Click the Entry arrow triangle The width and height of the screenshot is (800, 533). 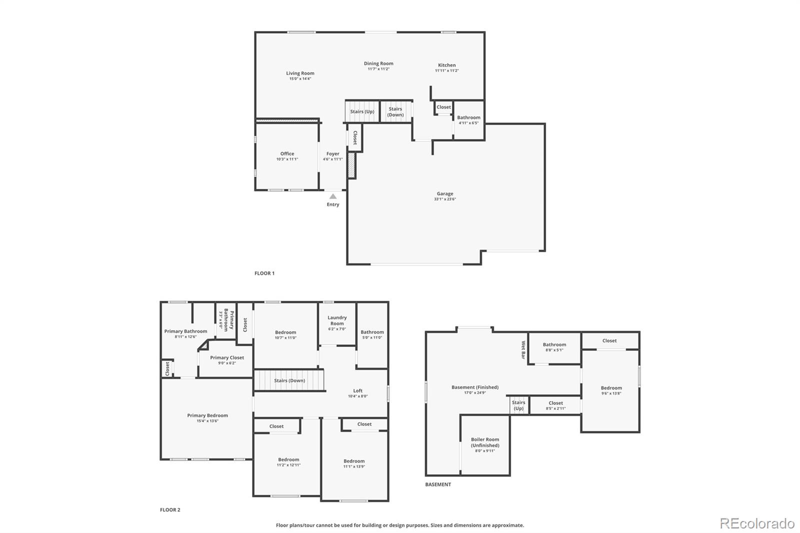pyautogui.click(x=333, y=196)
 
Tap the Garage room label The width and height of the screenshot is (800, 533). pyautogui.click(x=444, y=193)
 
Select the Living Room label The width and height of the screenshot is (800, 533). pyautogui.click(x=300, y=73)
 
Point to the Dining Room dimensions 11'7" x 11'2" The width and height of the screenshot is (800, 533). pyautogui.click(x=378, y=69)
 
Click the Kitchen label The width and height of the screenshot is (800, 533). pyautogui.click(x=446, y=65)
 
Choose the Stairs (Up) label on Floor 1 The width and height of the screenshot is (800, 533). pyautogui.click(x=362, y=111)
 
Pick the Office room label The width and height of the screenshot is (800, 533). pyautogui.click(x=287, y=153)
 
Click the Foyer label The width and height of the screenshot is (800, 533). pyautogui.click(x=332, y=154)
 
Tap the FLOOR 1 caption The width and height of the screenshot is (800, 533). pyautogui.click(x=264, y=273)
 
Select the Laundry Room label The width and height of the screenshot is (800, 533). pyautogui.click(x=337, y=320)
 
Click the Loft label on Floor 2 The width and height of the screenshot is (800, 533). pyautogui.click(x=357, y=391)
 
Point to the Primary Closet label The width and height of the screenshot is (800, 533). pyautogui.click(x=227, y=357)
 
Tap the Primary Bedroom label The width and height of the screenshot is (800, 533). pyautogui.click(x=207, y=415)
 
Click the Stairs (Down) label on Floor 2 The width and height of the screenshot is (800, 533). pyautogui.click(x=289, y=380)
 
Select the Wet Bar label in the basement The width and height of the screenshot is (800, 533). pyautogui.click(x=523, y=350)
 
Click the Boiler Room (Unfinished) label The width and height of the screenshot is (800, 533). pyautogui.click(x=485, y=442)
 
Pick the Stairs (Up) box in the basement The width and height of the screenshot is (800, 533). pyautogui.click(x=519, y=405)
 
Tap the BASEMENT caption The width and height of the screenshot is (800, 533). pyautogui.click(x=438, y=484)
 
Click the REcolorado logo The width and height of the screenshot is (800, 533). pyautogui.click(x=757, y=523)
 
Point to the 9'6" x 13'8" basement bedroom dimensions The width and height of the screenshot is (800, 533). pyautogui.click(x=611, y=393)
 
